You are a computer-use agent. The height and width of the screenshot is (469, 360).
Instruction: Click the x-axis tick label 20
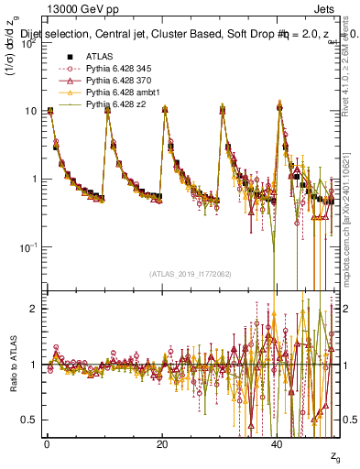pos(162,442)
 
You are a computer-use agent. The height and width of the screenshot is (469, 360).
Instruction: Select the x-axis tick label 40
pos(278,442)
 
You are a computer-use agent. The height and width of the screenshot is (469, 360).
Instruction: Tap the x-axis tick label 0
pos(47,442)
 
